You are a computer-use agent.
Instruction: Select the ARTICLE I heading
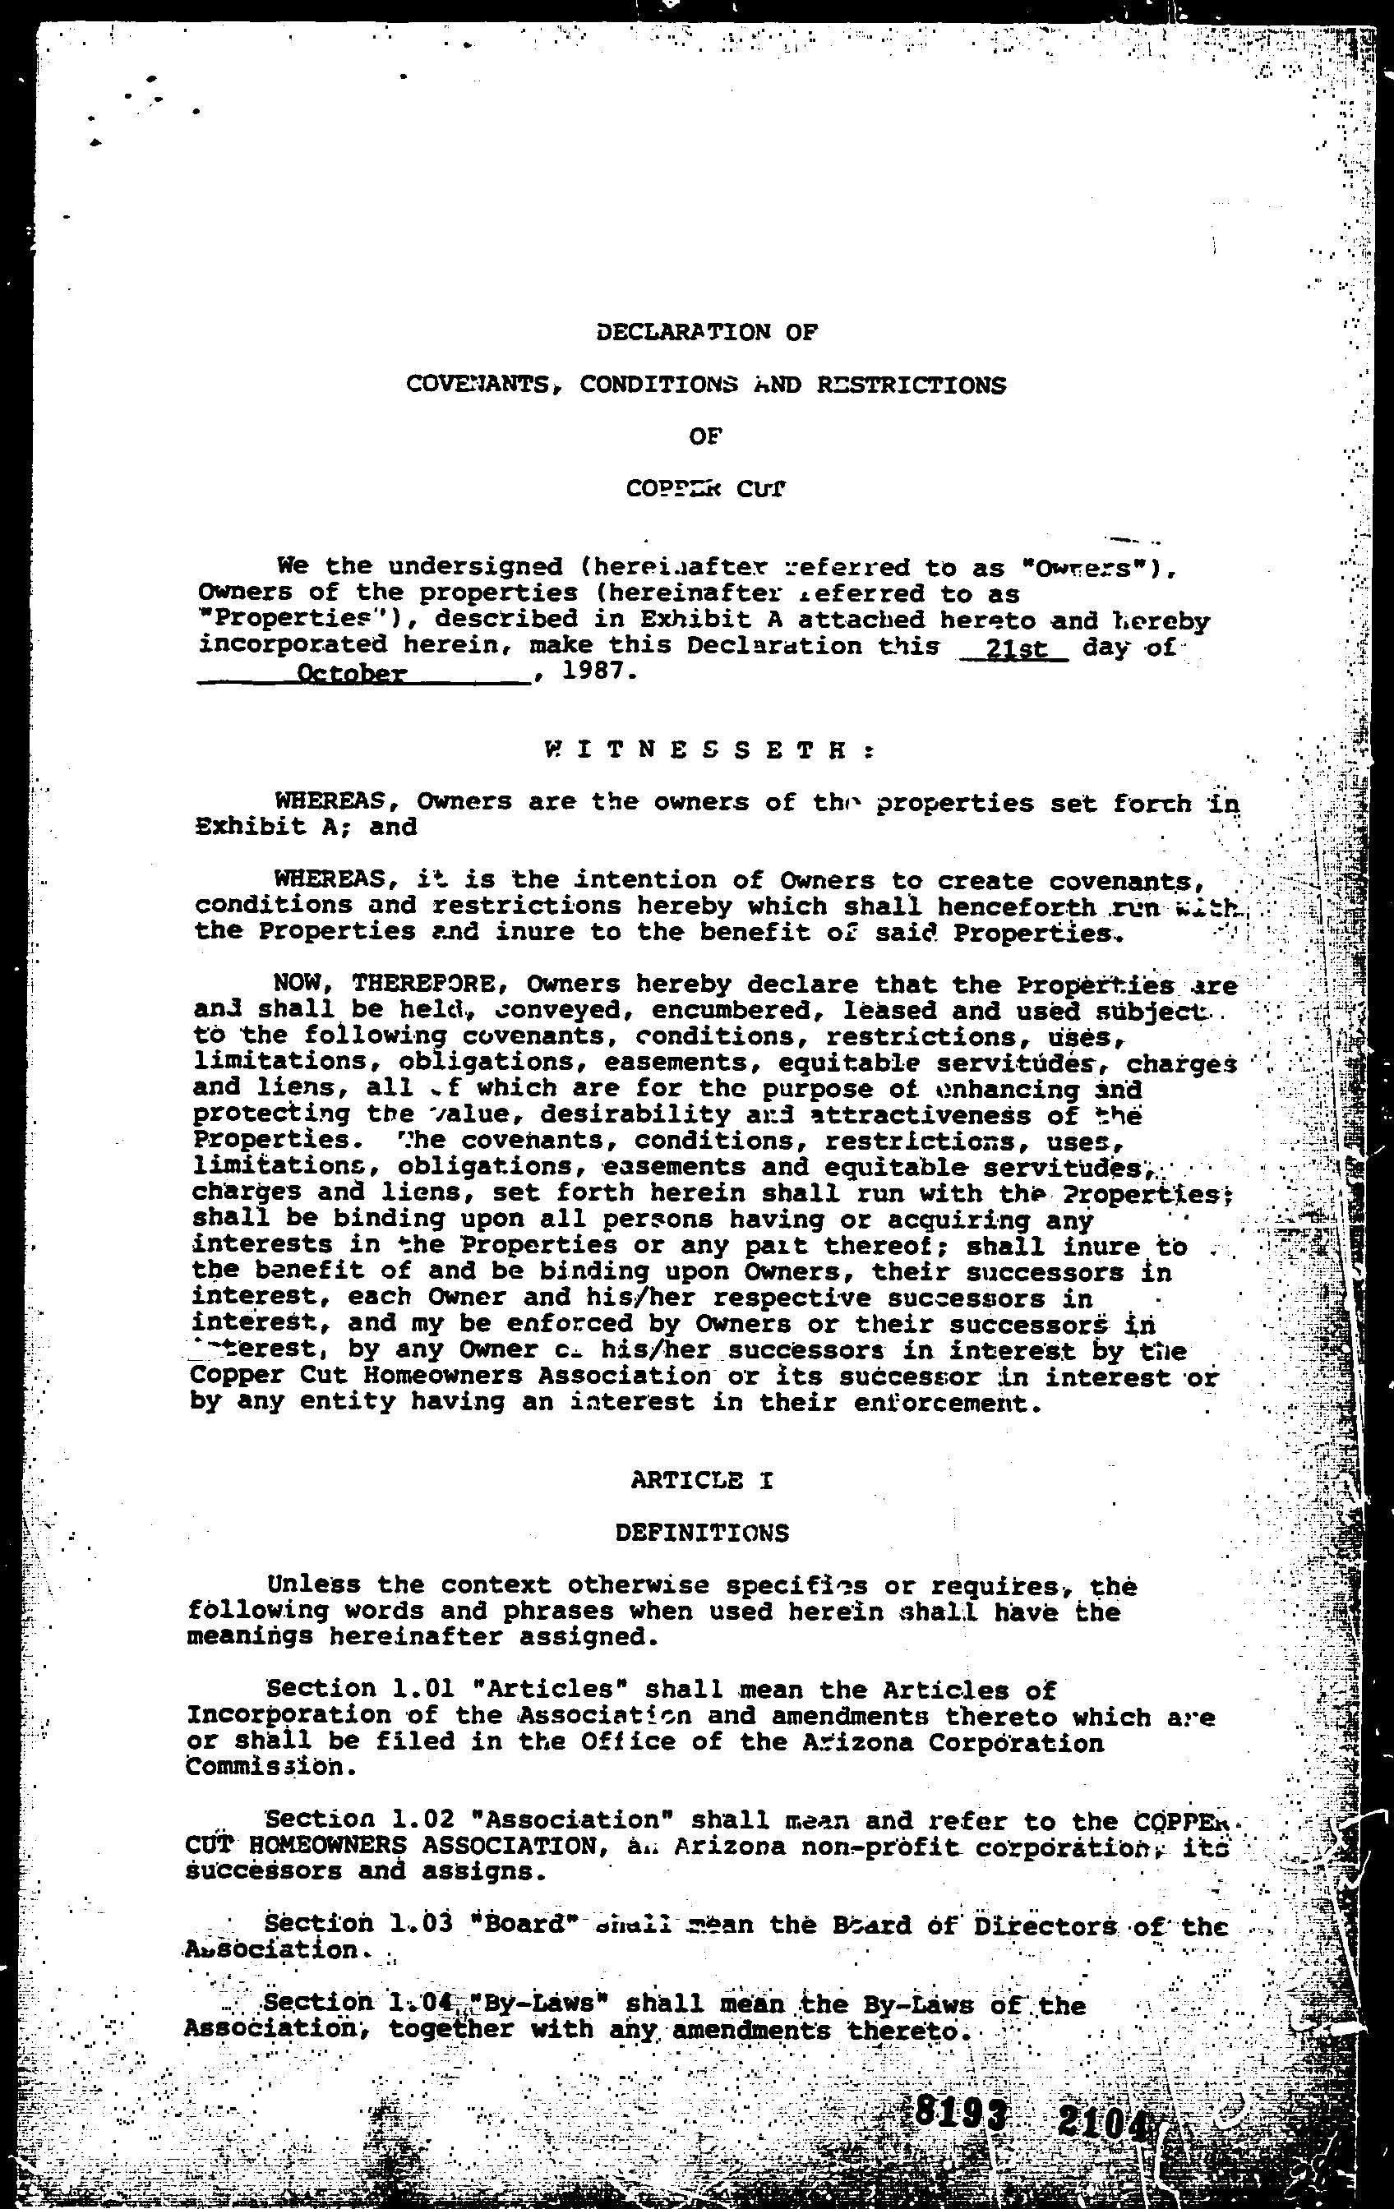click(x=702, y=1480)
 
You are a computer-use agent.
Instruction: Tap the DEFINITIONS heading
click(x=702, y=1533)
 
